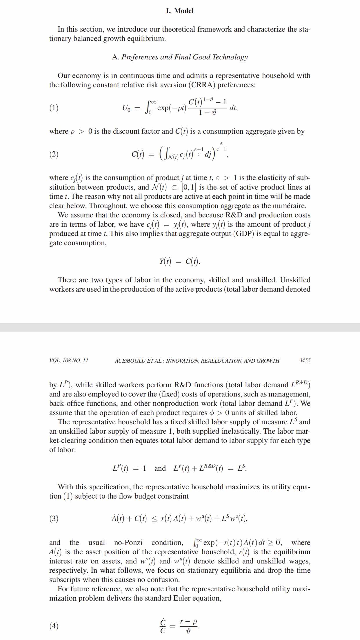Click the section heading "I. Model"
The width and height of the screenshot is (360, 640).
pyautogui.click(x=180, y=11)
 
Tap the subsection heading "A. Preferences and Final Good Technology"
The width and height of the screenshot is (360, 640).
pyautogui.click(x=180, y=57)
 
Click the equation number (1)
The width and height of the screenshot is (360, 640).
pyautogui.click(x=54, y=108)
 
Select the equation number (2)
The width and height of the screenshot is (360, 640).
pyautogui.click(x=54, y=154)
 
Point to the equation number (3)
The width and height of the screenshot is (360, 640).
pyautogui.click(x=54, y=518)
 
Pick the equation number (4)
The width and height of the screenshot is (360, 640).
pyautogui.click(x=54, y=626)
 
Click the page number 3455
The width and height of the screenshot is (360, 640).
pyautogui.click(x=305, y=361)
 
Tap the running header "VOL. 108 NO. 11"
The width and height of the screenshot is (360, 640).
pyautogui.click(x=69, y=361)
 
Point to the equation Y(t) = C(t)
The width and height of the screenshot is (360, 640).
pyautogui.click(x=180, y=261)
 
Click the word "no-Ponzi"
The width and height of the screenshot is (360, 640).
pyautogui.click(x=128, y=543)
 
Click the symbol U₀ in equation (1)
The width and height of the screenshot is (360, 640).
pyautogui.click(x=127, y=108)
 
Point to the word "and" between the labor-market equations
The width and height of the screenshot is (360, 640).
pyautogui.click(x=160, y=468)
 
